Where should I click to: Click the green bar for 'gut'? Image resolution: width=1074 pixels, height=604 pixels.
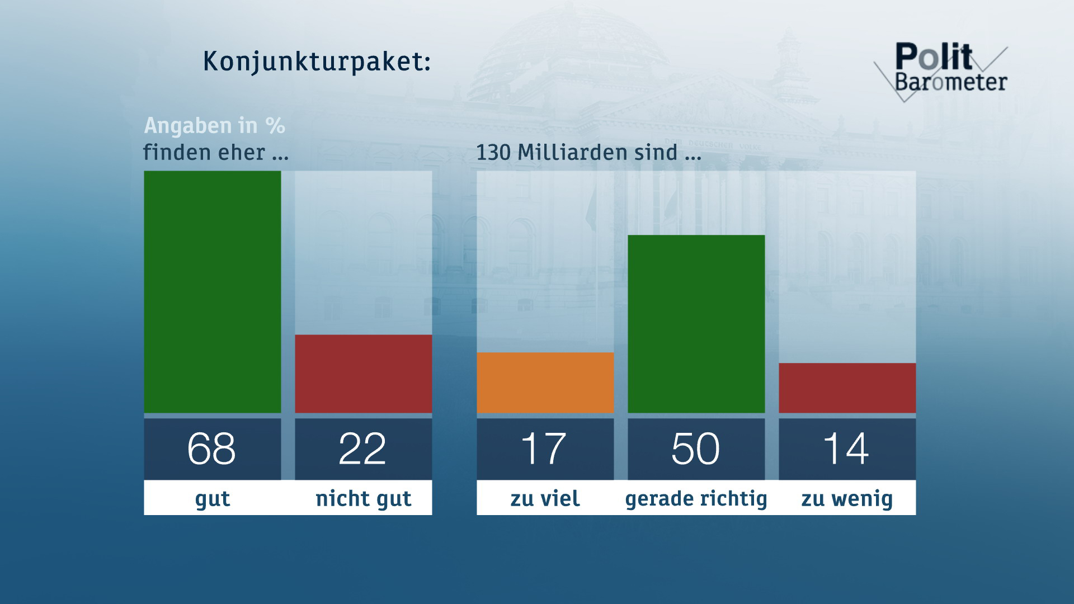[x=212, y=292]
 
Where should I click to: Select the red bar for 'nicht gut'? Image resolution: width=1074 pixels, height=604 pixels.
[x=363, y=374]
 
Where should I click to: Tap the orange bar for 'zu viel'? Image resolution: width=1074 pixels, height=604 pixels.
[x=545, y=383]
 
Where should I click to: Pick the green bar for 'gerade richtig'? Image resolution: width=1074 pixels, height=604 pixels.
[x=696, y=324]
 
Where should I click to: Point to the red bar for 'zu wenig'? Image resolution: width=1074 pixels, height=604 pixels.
[x=847, y=388]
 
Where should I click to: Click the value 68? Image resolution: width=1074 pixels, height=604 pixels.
[x=211, y=449]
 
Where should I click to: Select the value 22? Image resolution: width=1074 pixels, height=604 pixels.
[x=362, y=449]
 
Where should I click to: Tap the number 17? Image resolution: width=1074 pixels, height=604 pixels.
[x=544, y=449]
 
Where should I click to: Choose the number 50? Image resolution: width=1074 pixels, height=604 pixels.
[x=695, y=449]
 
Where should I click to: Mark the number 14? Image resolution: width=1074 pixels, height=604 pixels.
[x=846, y=449]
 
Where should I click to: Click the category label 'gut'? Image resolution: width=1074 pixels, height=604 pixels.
[x=213, y=498]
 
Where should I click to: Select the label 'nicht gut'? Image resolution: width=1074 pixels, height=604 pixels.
[x=364, y=498]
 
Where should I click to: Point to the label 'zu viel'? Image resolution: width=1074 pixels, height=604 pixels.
[x=545, y=498]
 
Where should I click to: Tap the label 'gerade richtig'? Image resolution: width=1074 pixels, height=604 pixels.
[x=696, y=498]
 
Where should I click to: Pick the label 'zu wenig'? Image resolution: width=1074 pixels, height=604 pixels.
[x=847, y=498]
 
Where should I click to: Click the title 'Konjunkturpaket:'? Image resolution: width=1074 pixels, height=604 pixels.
[x=317, y=62]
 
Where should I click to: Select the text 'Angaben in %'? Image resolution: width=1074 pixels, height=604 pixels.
[x=215, y=126]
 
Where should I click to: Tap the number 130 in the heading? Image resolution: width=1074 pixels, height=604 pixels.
[x=493, y=153]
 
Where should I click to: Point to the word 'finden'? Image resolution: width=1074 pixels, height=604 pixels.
[x=175, y=153]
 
